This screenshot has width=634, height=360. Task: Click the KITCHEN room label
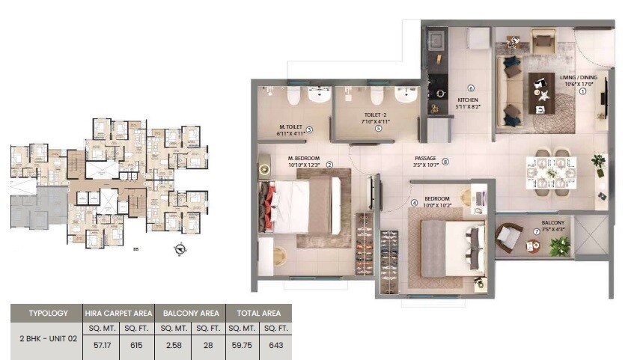pos(468,100)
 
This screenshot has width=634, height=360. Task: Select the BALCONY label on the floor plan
pos(553,222)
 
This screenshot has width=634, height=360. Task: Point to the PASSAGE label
pos(425,159)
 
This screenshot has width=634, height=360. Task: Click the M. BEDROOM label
pos(304,159)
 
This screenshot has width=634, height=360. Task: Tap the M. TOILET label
pos(290,127)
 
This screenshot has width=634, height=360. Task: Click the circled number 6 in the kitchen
pos(471,88)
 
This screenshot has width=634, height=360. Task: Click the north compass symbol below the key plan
pos(180,250)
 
